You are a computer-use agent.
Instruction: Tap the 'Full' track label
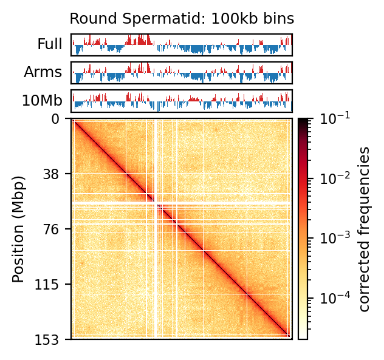50,44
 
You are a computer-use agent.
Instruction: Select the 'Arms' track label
43,72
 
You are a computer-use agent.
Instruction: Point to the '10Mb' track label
42,101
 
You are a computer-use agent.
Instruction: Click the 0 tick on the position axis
64,119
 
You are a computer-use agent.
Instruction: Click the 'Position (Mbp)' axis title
19,229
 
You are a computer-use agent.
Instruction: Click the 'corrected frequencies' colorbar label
365,229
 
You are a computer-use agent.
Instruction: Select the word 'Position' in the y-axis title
19,249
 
